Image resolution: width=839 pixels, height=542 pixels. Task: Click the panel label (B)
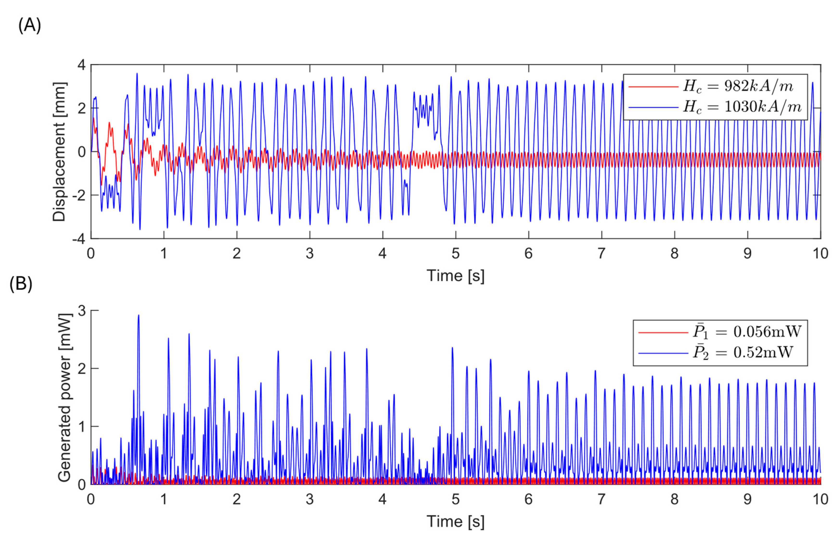coord(21,284)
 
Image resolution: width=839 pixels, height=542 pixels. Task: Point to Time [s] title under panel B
coord(455,522)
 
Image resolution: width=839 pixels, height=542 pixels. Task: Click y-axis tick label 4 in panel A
coord(81,65)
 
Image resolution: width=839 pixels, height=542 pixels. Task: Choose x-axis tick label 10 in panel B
coord(820,499)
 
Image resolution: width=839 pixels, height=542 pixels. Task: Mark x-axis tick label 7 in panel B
coord(601,499)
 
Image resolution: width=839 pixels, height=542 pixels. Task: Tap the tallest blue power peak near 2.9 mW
coord(138,316)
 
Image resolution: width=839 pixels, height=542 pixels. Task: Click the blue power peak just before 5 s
coord(452,348)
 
